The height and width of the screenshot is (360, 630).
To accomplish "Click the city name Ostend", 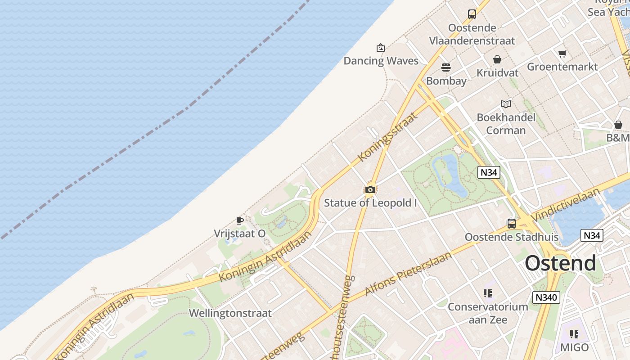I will coord(560,263).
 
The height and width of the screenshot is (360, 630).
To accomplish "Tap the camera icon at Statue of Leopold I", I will coord(370,189).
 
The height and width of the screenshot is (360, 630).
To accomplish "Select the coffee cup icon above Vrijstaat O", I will coord(240,220).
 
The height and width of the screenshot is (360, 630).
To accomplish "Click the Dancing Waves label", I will coord(381,61).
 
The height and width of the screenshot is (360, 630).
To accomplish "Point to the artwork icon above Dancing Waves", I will coord(381,48).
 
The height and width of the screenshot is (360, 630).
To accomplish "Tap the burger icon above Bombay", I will coord(446,67).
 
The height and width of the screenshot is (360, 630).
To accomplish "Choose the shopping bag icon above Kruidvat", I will coord(497,59).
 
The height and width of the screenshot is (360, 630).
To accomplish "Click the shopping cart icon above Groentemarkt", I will coord(562,54).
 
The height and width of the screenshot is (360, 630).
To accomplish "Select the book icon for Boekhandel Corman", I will coord(506,104).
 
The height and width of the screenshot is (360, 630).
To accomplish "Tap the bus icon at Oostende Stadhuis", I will coord(512,224).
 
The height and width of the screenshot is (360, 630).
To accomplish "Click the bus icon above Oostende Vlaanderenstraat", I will coord(472,14).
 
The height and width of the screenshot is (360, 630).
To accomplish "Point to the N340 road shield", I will coord(546,297).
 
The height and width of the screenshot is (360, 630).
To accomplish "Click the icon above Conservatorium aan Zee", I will coord(488,293).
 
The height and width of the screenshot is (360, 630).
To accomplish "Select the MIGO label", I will coord(574,347).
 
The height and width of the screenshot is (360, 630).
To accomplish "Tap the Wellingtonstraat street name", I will coord(230,313).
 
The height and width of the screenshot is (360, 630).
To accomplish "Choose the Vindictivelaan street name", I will coord(566,204).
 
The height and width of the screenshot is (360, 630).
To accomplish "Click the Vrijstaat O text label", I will coord(239,234).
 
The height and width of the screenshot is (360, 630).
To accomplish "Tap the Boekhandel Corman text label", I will coord(506,124).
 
